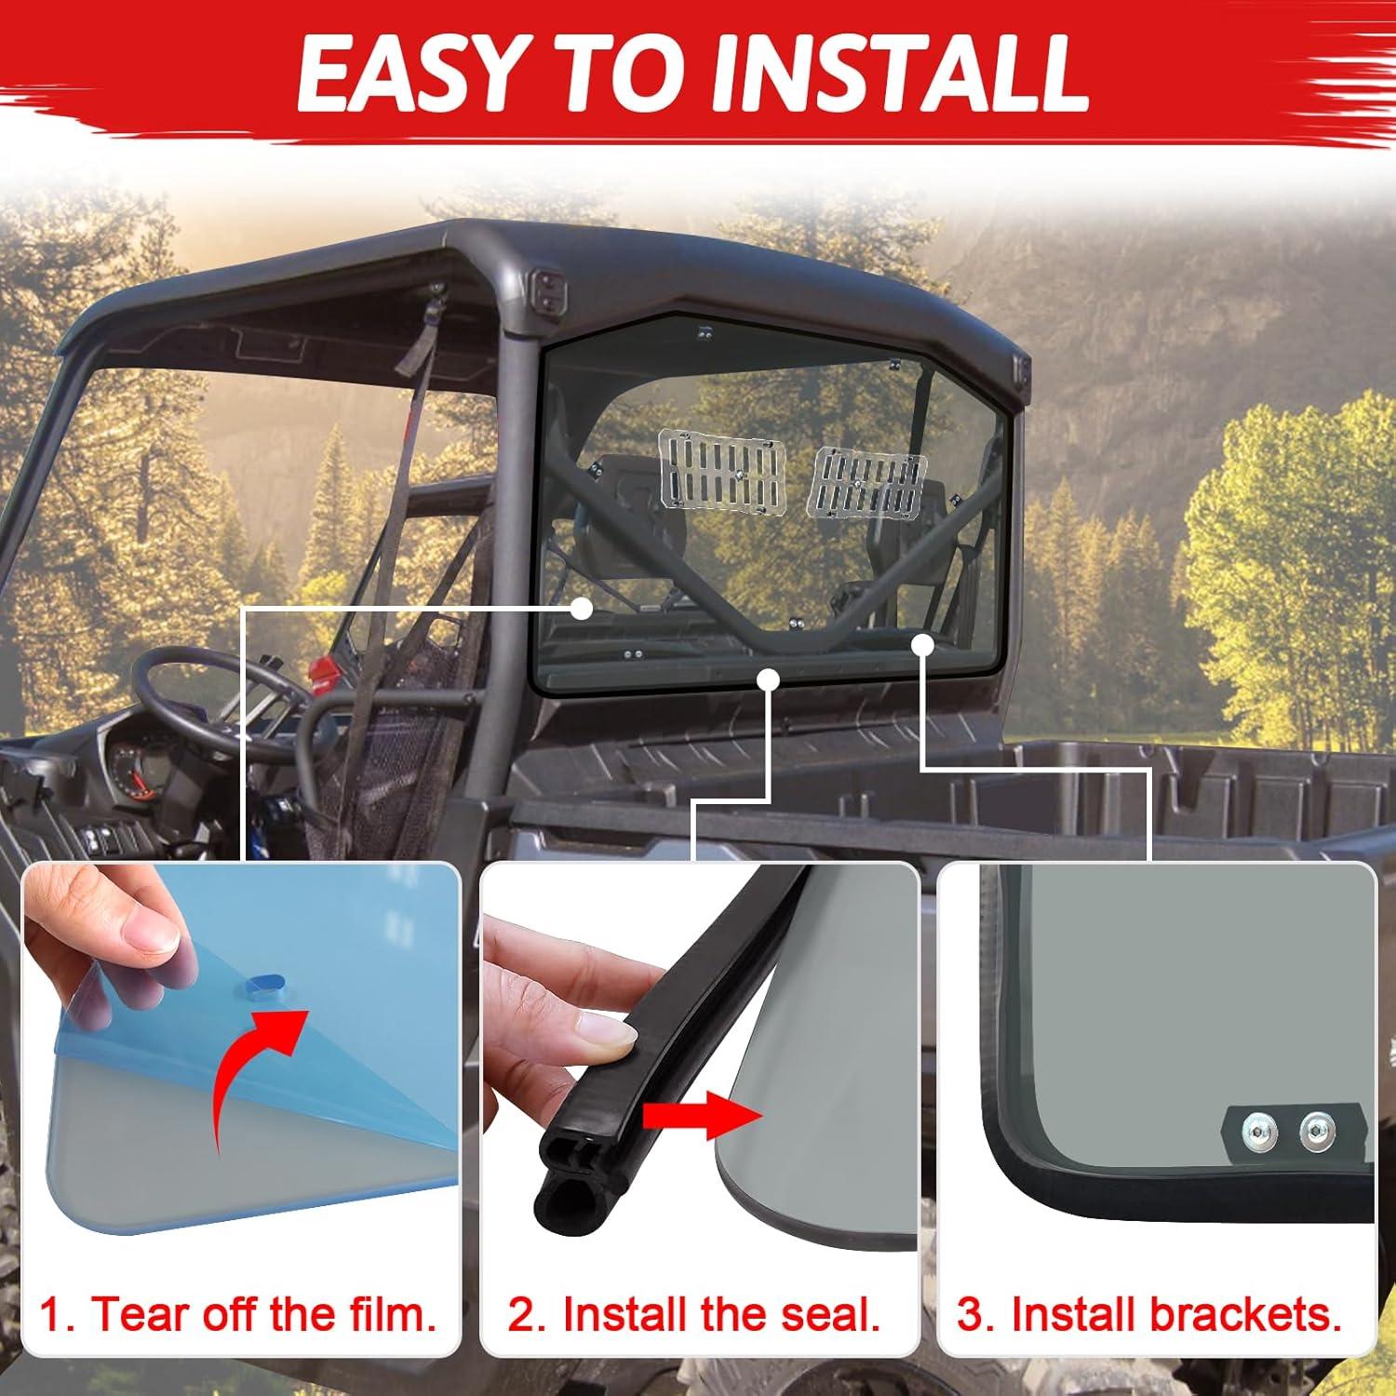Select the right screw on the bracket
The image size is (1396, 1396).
1313,1130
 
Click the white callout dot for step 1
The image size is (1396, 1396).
582,610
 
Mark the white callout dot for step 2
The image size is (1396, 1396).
767,680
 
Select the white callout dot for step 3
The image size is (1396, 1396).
923,644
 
